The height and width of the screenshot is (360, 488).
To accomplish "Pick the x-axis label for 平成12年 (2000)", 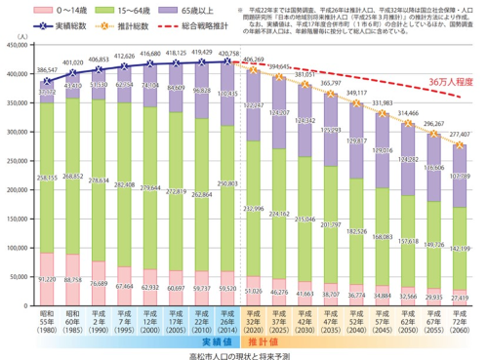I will pyautogui.click(x=150, y=321).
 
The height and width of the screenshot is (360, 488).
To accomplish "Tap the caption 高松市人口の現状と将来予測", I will pyautogui.click(x=244, y=353).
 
